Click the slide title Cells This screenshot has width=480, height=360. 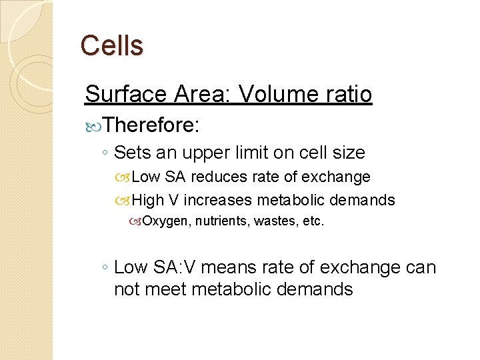point(111,45)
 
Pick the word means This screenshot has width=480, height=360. point(228,268)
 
